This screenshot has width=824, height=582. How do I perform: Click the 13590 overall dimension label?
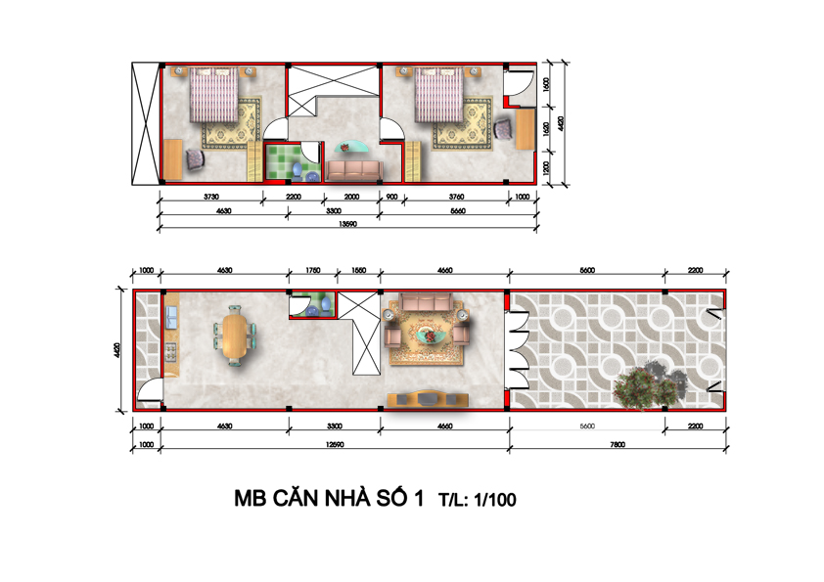pos(347,224)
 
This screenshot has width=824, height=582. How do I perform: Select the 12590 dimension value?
pos(335,445)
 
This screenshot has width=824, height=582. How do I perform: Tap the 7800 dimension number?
pos(618,445)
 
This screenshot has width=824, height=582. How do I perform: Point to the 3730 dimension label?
pos(211,197)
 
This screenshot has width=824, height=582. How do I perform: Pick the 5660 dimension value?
pos(458,211)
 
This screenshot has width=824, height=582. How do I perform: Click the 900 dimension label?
pos(391,197)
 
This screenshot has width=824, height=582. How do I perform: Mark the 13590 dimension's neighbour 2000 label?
pos(351,197)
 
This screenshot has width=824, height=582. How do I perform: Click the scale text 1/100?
pos(495,500)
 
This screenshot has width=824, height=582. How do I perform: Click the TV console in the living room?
pos(428,399)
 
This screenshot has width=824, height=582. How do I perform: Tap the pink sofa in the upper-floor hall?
pos(353,171)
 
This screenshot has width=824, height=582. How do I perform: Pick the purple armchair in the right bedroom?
pos(503,129)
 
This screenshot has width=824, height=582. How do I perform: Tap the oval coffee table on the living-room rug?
pos(429,335)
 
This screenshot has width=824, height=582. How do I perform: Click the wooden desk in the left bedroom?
pos(173,159)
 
